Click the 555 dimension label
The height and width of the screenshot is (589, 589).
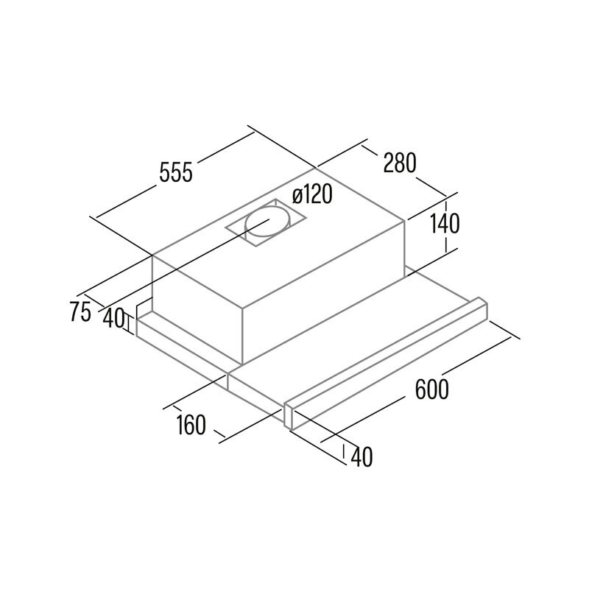click(176, 173)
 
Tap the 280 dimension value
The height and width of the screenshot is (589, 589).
click(400, 163)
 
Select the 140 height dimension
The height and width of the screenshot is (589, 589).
click(444, 224)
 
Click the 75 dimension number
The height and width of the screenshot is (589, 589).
click(80, 311)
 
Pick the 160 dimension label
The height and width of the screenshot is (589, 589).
click(191, 425)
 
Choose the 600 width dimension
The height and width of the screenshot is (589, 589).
click(431, 389)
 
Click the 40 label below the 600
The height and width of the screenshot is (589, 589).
click(361, 457)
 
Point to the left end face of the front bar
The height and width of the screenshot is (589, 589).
click(289, 415)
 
